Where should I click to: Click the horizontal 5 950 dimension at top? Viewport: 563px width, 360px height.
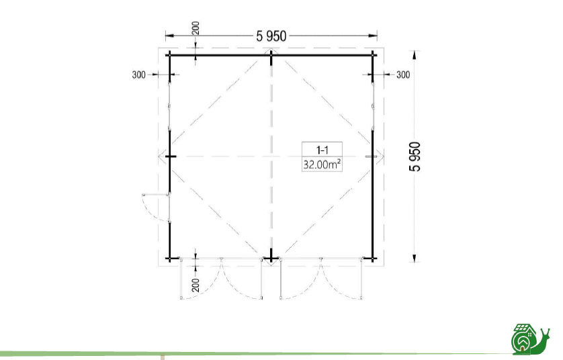tap(271, 36)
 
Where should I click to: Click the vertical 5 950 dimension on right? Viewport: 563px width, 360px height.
tap(415, 156)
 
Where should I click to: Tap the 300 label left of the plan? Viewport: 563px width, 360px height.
tap(139, 75)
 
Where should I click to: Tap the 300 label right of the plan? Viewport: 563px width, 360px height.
tap(403, 75)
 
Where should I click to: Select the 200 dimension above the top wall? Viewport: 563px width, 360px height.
tap(196, 28)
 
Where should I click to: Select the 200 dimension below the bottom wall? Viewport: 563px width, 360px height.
tap(196, 285)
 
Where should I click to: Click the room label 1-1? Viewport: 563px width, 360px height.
tap(322, 150)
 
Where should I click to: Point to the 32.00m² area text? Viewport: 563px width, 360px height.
tap(322, 165)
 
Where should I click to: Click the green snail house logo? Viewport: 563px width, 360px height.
tap(530, 338)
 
